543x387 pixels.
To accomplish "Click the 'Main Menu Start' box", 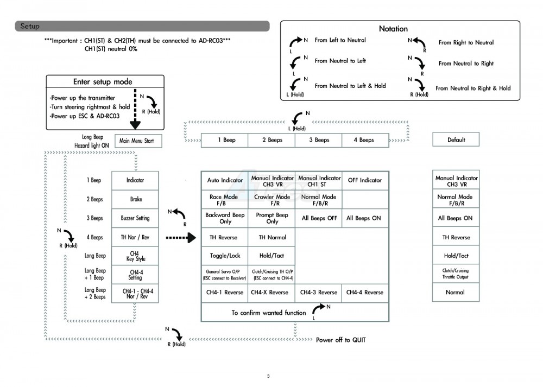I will pos(136,141).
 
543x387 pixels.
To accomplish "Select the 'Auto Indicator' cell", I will pos(225,180).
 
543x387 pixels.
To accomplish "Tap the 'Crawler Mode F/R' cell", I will pos(272,200).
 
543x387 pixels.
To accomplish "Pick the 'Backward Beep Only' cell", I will pos(225,218).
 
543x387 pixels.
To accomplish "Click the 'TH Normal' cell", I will pos(272,237).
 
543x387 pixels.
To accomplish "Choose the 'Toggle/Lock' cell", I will pos(225,256).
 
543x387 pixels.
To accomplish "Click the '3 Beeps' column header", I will pos(319,140).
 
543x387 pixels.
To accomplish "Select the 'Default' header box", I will pos(456,140).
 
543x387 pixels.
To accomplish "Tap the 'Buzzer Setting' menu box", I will pos(135,218).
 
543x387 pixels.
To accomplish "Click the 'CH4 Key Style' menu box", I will pos(135,256).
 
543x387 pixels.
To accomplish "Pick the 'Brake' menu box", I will pos(135,199).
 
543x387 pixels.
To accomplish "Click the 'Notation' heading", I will pos(393,29).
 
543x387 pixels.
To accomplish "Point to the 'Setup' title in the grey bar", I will pos(30,26).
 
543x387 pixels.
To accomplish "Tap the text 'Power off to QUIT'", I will pos(340,340).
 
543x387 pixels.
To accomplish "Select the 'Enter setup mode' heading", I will pos(103,82).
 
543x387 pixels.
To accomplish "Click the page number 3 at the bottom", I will pos(268,376).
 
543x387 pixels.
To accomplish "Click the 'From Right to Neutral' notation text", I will pos(466,42).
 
